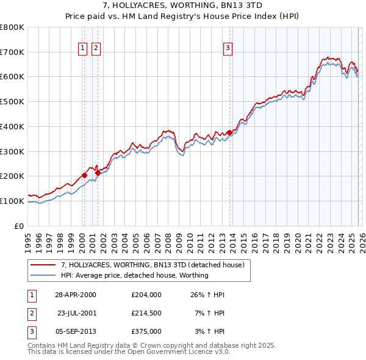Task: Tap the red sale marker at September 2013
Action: (230, 132)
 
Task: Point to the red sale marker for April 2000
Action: (85, 175)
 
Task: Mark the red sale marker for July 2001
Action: (98, 173)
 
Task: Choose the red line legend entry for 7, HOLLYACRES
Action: (152, 265)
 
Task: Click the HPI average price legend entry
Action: (134, 275)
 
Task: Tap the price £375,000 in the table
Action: (146, 331)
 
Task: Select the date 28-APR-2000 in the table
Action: (76, 295)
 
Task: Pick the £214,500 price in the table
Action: (146, 313)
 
